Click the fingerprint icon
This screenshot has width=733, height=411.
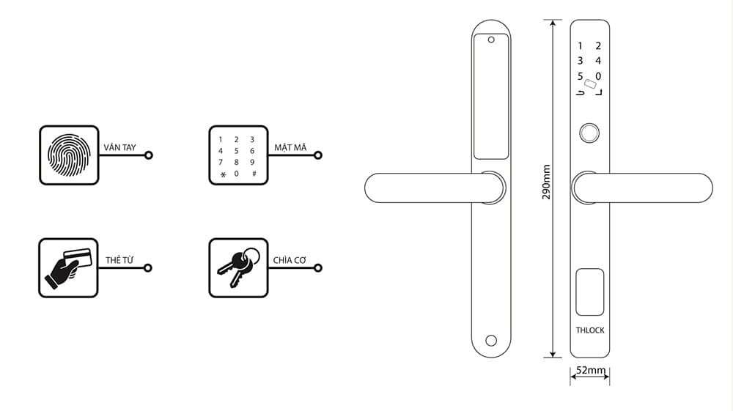(68, 155)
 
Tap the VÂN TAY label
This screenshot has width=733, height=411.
(120, 147)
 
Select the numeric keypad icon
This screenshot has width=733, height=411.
(237, 155)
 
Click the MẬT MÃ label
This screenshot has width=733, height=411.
(290, 147)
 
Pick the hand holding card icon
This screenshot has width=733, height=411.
(67, 267)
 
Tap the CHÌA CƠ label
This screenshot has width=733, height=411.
(289, 260)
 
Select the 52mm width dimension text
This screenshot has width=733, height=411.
(591, 371)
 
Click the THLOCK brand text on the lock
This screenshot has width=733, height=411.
(590, 330)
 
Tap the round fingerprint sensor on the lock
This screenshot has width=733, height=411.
(589, 133)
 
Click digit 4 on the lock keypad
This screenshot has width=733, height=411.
(598, 61)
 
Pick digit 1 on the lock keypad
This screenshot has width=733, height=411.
(581, 46)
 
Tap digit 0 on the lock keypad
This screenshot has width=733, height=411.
(598, 76)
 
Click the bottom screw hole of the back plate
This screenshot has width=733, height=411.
(490, 341)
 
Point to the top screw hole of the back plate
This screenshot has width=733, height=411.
(490, 40)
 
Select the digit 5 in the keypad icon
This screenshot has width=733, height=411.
(236, 151)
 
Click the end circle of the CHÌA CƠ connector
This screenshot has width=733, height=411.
(318, 267)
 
